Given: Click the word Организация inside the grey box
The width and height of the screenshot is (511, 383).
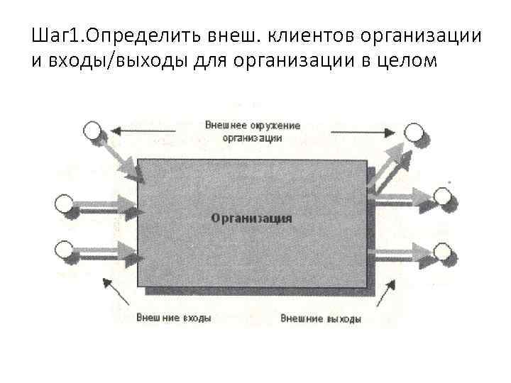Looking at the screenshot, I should coord(251,218).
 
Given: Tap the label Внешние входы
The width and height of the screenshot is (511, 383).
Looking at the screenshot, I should coord(174,318).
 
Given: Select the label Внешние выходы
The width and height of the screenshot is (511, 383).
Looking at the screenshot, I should coord(320,319).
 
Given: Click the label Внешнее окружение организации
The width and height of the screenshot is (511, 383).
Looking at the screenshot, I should coord(252,131).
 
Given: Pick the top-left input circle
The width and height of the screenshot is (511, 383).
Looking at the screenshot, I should coord(92,131).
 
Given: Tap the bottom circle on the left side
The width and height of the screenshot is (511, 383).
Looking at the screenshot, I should coord(64,250).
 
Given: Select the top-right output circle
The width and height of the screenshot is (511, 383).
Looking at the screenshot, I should coord(413,132).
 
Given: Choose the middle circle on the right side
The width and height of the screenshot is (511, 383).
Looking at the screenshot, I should coord(441,198).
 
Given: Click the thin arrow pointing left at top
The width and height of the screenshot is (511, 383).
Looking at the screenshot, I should coord(145,131).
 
